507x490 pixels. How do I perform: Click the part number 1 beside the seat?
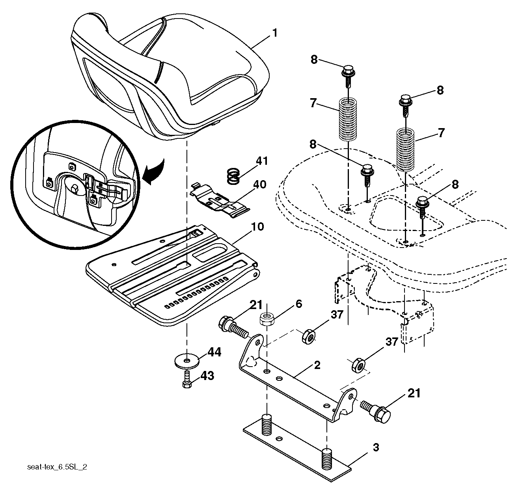[275, 34]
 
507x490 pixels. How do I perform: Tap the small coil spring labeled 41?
[233, 176]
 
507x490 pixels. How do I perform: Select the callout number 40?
[259, 184]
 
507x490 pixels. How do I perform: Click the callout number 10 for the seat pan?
[257, 226]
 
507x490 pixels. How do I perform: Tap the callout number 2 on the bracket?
[317, 365]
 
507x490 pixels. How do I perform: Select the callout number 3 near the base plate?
[376, 447]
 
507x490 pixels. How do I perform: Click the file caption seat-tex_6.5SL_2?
[57, 467]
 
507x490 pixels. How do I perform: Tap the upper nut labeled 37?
[309, 336]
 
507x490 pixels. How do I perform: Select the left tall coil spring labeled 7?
[348, 119]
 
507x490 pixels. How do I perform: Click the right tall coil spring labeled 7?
[405, 149]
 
